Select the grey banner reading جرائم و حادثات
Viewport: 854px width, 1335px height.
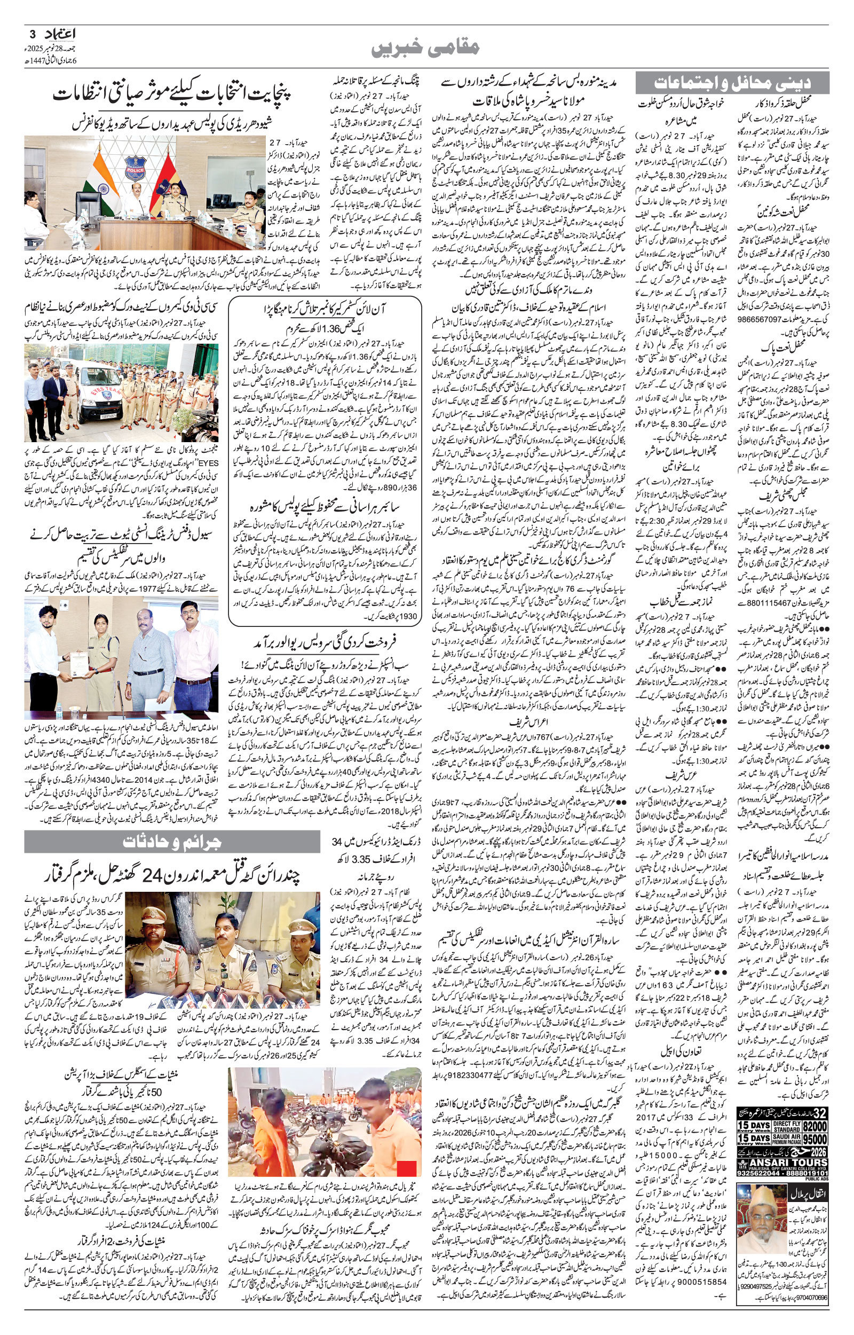click(x=172, y=841)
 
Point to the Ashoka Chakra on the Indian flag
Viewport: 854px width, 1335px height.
click(x=104, y=189)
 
